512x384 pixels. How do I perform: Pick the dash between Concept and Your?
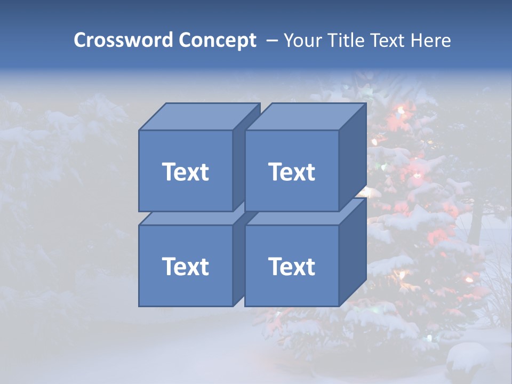(x=271, y=41)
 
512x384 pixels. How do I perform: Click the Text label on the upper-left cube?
(x=186, y=172)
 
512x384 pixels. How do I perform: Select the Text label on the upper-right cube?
(x=292, y=172)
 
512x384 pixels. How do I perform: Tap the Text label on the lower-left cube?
(x=186, y=266)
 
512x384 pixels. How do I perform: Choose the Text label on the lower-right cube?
(x=292, y=266)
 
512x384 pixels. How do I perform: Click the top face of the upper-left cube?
(x=198, y=117)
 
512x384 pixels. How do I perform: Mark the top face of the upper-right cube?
(x=305, y=117)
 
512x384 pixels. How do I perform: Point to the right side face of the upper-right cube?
(x=353, y=157)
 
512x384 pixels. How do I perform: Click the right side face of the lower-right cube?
(x=353, y=252)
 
